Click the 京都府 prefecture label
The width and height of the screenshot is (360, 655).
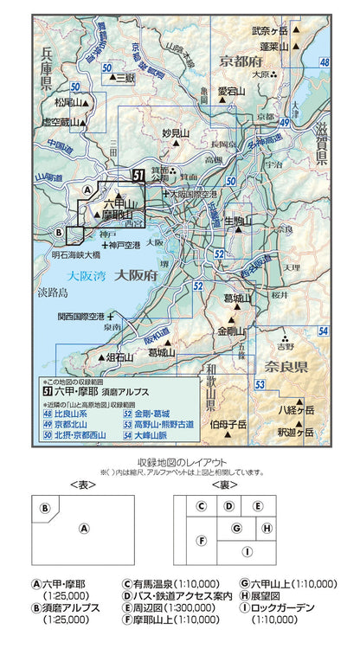coord(241,62)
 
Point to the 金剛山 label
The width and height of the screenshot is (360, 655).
coord(231,331)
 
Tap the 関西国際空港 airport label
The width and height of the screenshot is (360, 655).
coord(80,317)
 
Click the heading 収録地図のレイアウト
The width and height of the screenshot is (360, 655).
coord(180,461)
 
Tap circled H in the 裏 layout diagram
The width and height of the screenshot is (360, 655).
coord(267,527)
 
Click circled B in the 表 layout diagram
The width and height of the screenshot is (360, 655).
coord(44,508)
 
